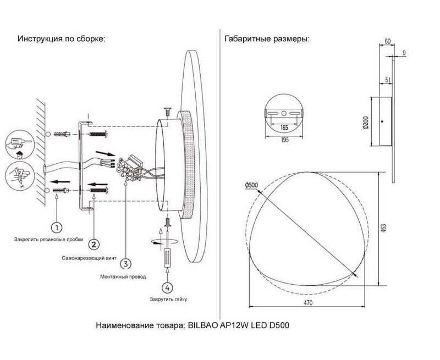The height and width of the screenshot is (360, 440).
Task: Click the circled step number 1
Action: point(57,226)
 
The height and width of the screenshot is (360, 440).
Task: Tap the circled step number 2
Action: point(95,244)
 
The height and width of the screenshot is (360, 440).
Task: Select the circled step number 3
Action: point(127,264)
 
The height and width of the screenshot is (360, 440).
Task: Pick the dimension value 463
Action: point(383,226)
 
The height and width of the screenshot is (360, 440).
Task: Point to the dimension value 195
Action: point(284,140)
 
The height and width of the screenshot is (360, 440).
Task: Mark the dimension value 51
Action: point(388,80)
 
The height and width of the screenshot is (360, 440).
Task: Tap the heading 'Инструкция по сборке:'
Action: point(61,40)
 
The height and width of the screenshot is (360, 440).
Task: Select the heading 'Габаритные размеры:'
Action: point(267,40)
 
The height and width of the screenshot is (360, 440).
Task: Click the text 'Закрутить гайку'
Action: point(167,300)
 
